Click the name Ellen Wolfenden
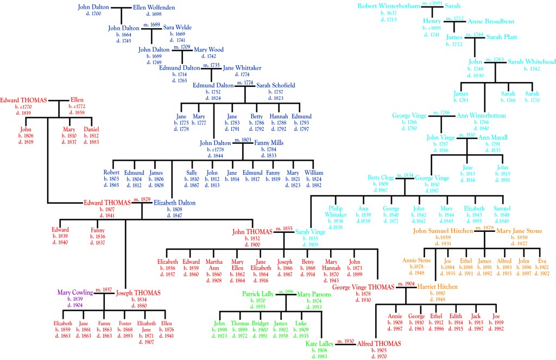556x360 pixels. [x=153, y=8]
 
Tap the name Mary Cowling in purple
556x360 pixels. [x=75, y=293]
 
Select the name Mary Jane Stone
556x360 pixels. [x=520, y=231]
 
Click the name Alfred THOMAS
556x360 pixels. [x=378, y=344]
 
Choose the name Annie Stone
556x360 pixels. [x=417, y=261]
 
